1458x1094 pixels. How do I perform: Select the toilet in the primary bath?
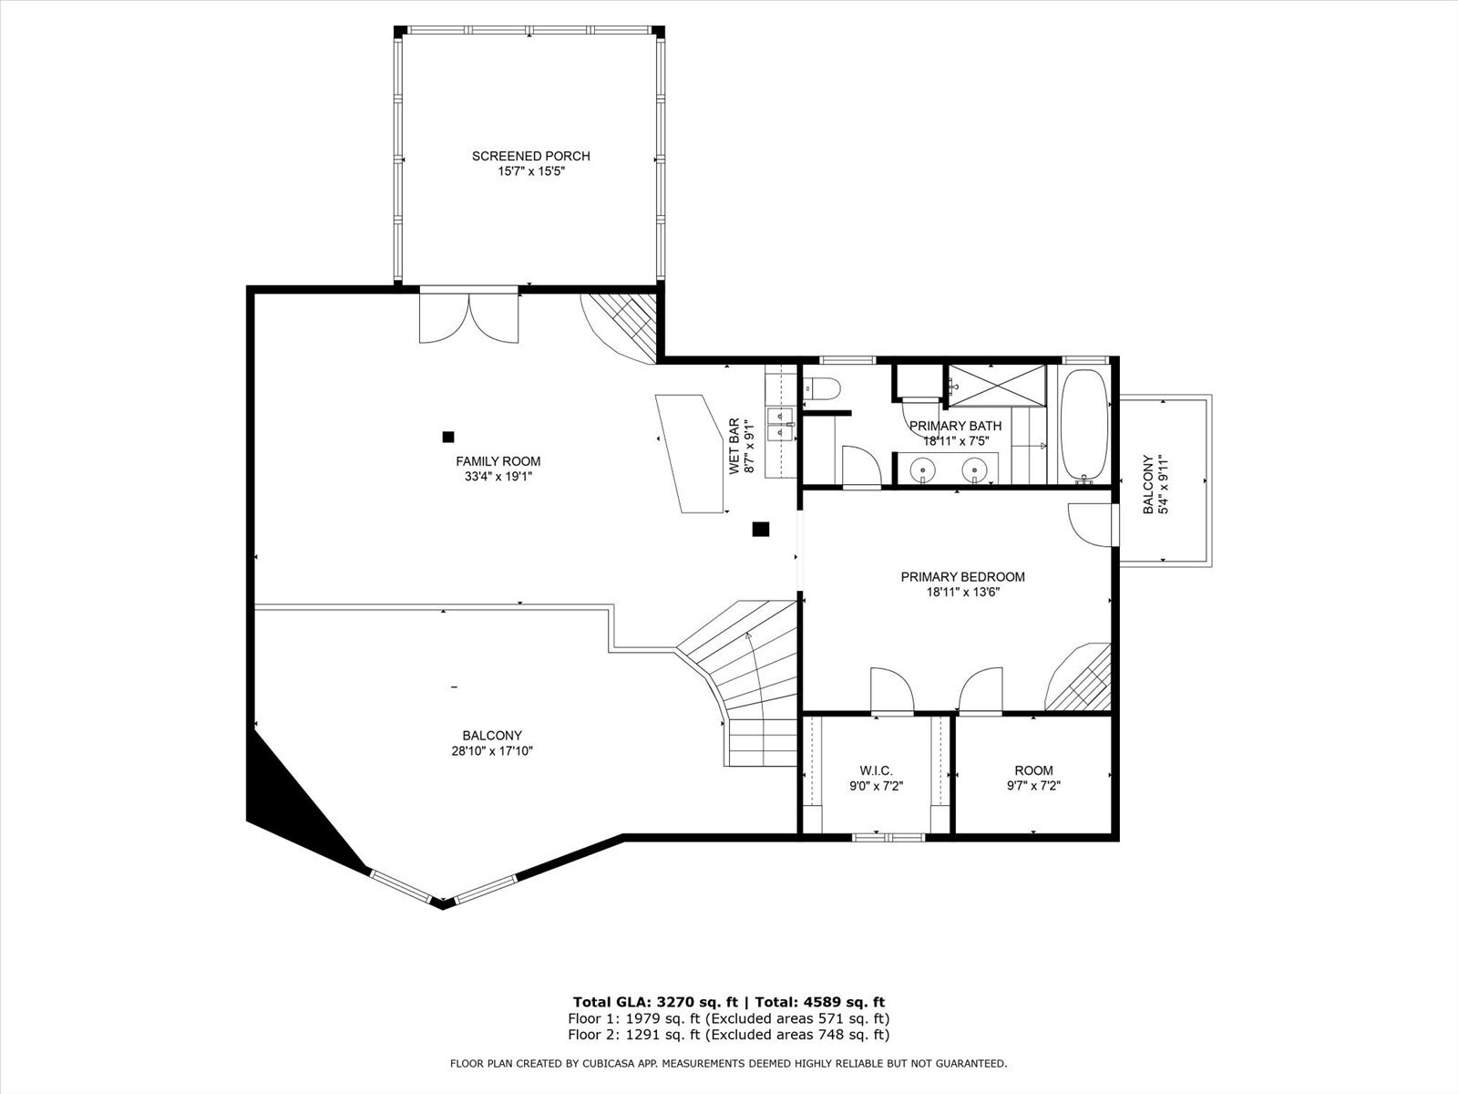pyautogui.click(x=822, y=389)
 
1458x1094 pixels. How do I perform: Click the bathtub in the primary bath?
pyautogui.click(x=1084, y=425)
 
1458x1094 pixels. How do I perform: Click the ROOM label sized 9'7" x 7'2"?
pyautogui.click(x=1033, y=770)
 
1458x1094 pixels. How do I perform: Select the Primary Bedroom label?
pyautogui.click(x=962, y=577)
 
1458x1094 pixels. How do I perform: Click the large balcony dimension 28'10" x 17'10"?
pyautogui.click(x=492, y=751)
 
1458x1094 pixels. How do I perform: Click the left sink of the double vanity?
pyautogui.click(x=924, y=472)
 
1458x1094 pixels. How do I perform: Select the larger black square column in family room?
pyautogui.click(x=760, y=528)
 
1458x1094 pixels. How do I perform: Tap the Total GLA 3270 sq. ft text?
pyautogui.click(x=655, y=1001)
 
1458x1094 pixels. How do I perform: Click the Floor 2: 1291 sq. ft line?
pyautogui.click(x=728, y=1035)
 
